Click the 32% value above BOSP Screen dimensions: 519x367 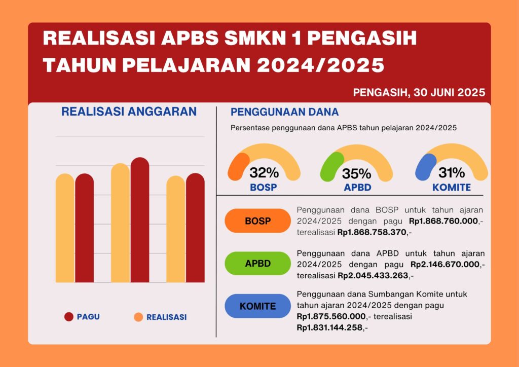click(264, 172)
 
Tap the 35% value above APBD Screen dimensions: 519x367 click(356, 173)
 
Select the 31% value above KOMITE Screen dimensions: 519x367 click(452, 172)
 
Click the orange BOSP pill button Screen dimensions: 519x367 click(257, 221)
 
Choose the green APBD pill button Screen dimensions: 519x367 click(257, 264)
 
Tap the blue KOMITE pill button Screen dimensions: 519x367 click(257, 306)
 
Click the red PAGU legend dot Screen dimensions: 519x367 click(69, 317)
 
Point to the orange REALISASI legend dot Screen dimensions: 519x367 click(138, 317)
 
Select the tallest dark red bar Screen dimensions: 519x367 click(140, 219)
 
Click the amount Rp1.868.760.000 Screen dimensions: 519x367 click(443, 221)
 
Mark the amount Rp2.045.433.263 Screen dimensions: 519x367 click(373, 276)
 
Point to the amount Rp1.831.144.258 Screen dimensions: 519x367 click(329, 328)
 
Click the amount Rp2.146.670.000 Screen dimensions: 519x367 click(445, 265)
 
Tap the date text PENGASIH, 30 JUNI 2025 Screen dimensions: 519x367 click(419, 92)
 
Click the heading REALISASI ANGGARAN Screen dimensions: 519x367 click(129, 112)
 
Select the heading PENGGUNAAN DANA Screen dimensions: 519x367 click(285, 112)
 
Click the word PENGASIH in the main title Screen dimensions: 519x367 click(362, 39)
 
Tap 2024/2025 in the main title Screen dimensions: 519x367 click(320, 65)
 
